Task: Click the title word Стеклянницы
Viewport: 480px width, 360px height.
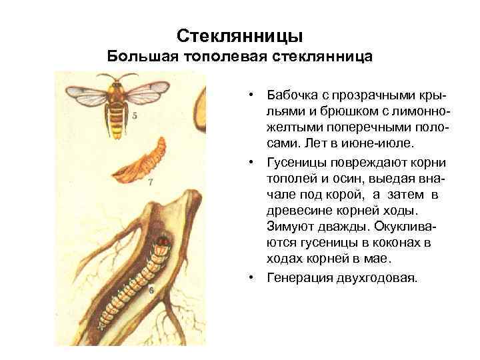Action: (240, 34)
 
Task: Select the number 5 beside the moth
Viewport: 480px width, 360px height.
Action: (135, 115)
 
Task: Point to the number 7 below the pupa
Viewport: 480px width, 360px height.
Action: (151, 181)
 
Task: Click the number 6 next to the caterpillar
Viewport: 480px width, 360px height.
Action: (151, 290)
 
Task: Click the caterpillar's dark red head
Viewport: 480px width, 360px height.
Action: (163, 239)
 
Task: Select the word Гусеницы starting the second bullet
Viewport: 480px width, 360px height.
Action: (294, 163)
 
